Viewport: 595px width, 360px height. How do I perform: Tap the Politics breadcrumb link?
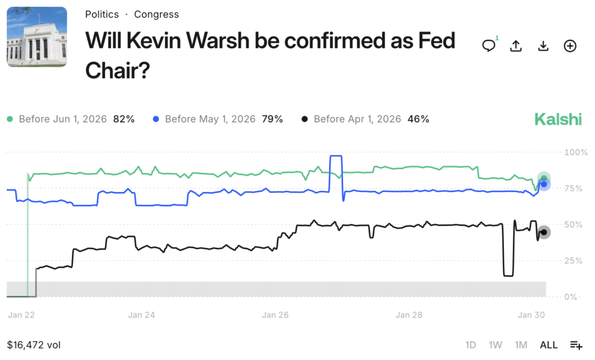(102, 15)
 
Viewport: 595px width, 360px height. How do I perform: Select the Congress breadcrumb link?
(156, 15)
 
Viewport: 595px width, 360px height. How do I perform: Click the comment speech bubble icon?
(489, 46)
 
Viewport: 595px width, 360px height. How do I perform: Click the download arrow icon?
(543, 46)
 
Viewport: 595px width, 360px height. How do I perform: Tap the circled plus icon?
(570, 46)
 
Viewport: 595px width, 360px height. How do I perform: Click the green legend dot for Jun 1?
(10, 119)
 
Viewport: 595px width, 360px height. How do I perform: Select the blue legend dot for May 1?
(156, 119)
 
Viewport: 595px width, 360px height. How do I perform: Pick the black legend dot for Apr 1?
(304, 119)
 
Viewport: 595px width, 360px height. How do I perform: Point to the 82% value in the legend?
(124, 119)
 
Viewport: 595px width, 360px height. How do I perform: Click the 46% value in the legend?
(418, 119)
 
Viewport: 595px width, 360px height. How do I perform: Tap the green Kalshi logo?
(558, 119)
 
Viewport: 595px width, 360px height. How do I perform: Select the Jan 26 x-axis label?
(275, 315)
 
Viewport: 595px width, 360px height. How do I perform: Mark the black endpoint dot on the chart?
(543, 232)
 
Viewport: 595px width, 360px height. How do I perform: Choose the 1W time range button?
(495, 345)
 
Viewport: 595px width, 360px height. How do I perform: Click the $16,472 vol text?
(34, 345)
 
